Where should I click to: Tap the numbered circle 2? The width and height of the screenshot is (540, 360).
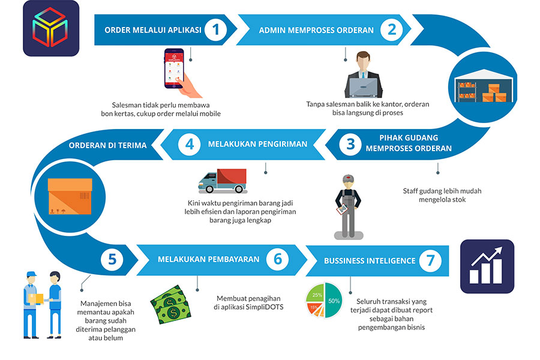coord(392,29)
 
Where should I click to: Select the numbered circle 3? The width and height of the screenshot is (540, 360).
coord(350,144)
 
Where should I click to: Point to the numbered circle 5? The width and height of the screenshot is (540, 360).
coord(112,260)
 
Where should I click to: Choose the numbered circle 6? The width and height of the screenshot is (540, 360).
coord(277,260)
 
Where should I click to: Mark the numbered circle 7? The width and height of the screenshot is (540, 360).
coord(430,260)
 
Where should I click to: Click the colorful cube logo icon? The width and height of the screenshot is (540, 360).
coord(51,28)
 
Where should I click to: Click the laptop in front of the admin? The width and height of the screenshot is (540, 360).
coord(364,88)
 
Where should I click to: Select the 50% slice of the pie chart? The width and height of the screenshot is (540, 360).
coord(334,301)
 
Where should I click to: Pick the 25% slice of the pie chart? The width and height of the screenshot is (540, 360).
coord(316,295)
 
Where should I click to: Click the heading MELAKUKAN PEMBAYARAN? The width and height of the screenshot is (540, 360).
coord(208,260)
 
